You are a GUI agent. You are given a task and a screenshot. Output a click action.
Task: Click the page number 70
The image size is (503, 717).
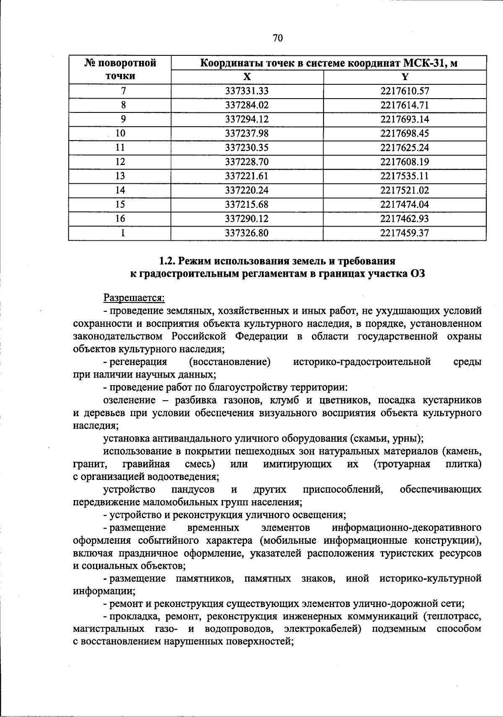click(277, 38)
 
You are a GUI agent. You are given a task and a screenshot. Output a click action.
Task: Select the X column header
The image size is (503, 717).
click(247, 77)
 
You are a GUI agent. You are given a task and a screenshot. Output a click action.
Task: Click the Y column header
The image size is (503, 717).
click(404, 77)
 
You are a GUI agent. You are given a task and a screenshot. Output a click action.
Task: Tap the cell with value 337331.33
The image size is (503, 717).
click(247, 91)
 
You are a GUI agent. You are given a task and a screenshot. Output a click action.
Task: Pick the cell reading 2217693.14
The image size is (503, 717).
click(404, 119)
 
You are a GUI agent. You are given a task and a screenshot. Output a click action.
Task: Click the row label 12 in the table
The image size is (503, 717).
click(120, 162)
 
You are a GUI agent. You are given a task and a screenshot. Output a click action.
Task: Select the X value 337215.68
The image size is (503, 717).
click(247, 204)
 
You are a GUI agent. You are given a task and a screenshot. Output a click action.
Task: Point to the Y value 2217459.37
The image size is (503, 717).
click(404, 233)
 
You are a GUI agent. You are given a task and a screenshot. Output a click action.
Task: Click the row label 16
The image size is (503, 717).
click(120, 219)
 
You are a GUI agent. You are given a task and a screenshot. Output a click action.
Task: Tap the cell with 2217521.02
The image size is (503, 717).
click(404, 190)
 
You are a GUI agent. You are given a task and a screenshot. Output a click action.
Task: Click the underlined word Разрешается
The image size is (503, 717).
click(134, 298)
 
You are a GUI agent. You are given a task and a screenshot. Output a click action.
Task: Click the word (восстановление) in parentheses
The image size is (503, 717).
click(230, 362)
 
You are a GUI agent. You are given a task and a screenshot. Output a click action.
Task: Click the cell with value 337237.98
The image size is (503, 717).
click(247, 133)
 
